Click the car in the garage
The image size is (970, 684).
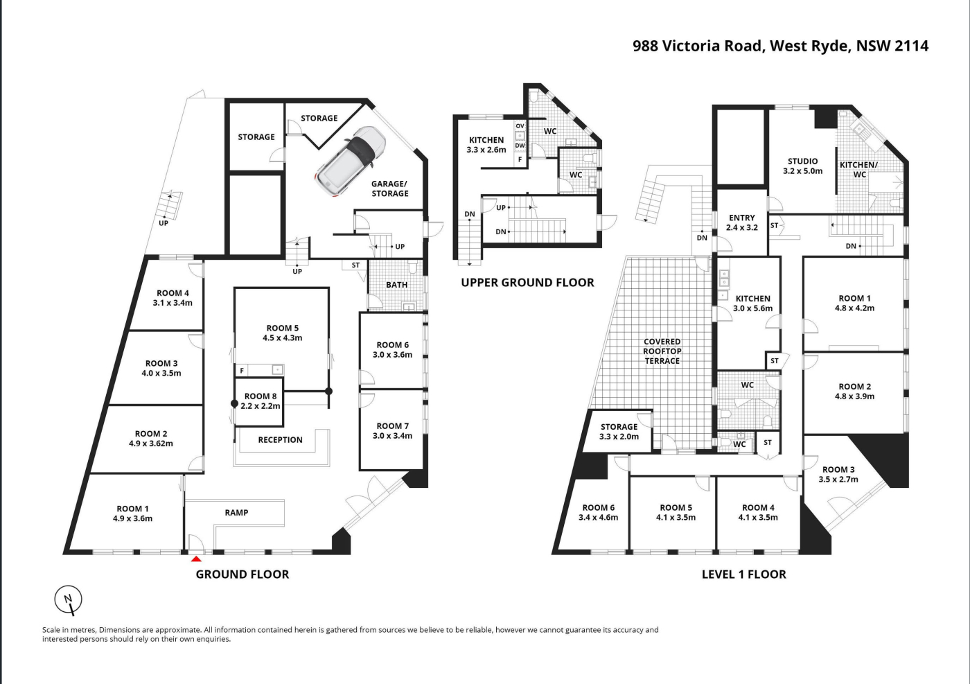(x=350, y=161)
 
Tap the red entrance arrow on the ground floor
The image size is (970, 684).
(x=196, y=559)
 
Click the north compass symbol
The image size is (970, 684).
(x=69, y=600)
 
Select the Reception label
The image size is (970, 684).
(x=280, y=439)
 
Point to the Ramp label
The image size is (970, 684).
(x=236, y=512)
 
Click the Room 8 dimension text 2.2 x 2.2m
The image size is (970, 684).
(x=261, y=406)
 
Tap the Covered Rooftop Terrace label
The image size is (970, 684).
(x=662, y=351)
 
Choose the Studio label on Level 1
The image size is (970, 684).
(x=802, y=161)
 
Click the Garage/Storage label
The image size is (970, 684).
(x=389, y=188)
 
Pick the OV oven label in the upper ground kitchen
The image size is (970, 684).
(x=520, y=126)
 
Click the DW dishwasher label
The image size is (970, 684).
(x=520, y=146)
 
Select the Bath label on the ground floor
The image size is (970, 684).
(x=396, y=285)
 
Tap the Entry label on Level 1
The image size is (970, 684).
(x=742, y=218)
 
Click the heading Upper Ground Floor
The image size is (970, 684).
(x=527, y=283)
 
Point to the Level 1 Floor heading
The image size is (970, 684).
(x=744, y=575)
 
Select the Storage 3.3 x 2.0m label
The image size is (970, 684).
(x=619, y=432)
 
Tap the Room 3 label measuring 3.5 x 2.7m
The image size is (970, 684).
(x=838, y=474)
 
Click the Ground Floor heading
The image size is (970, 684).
(x=242, y=575)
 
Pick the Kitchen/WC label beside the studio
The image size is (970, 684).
(x=858, y=169)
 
